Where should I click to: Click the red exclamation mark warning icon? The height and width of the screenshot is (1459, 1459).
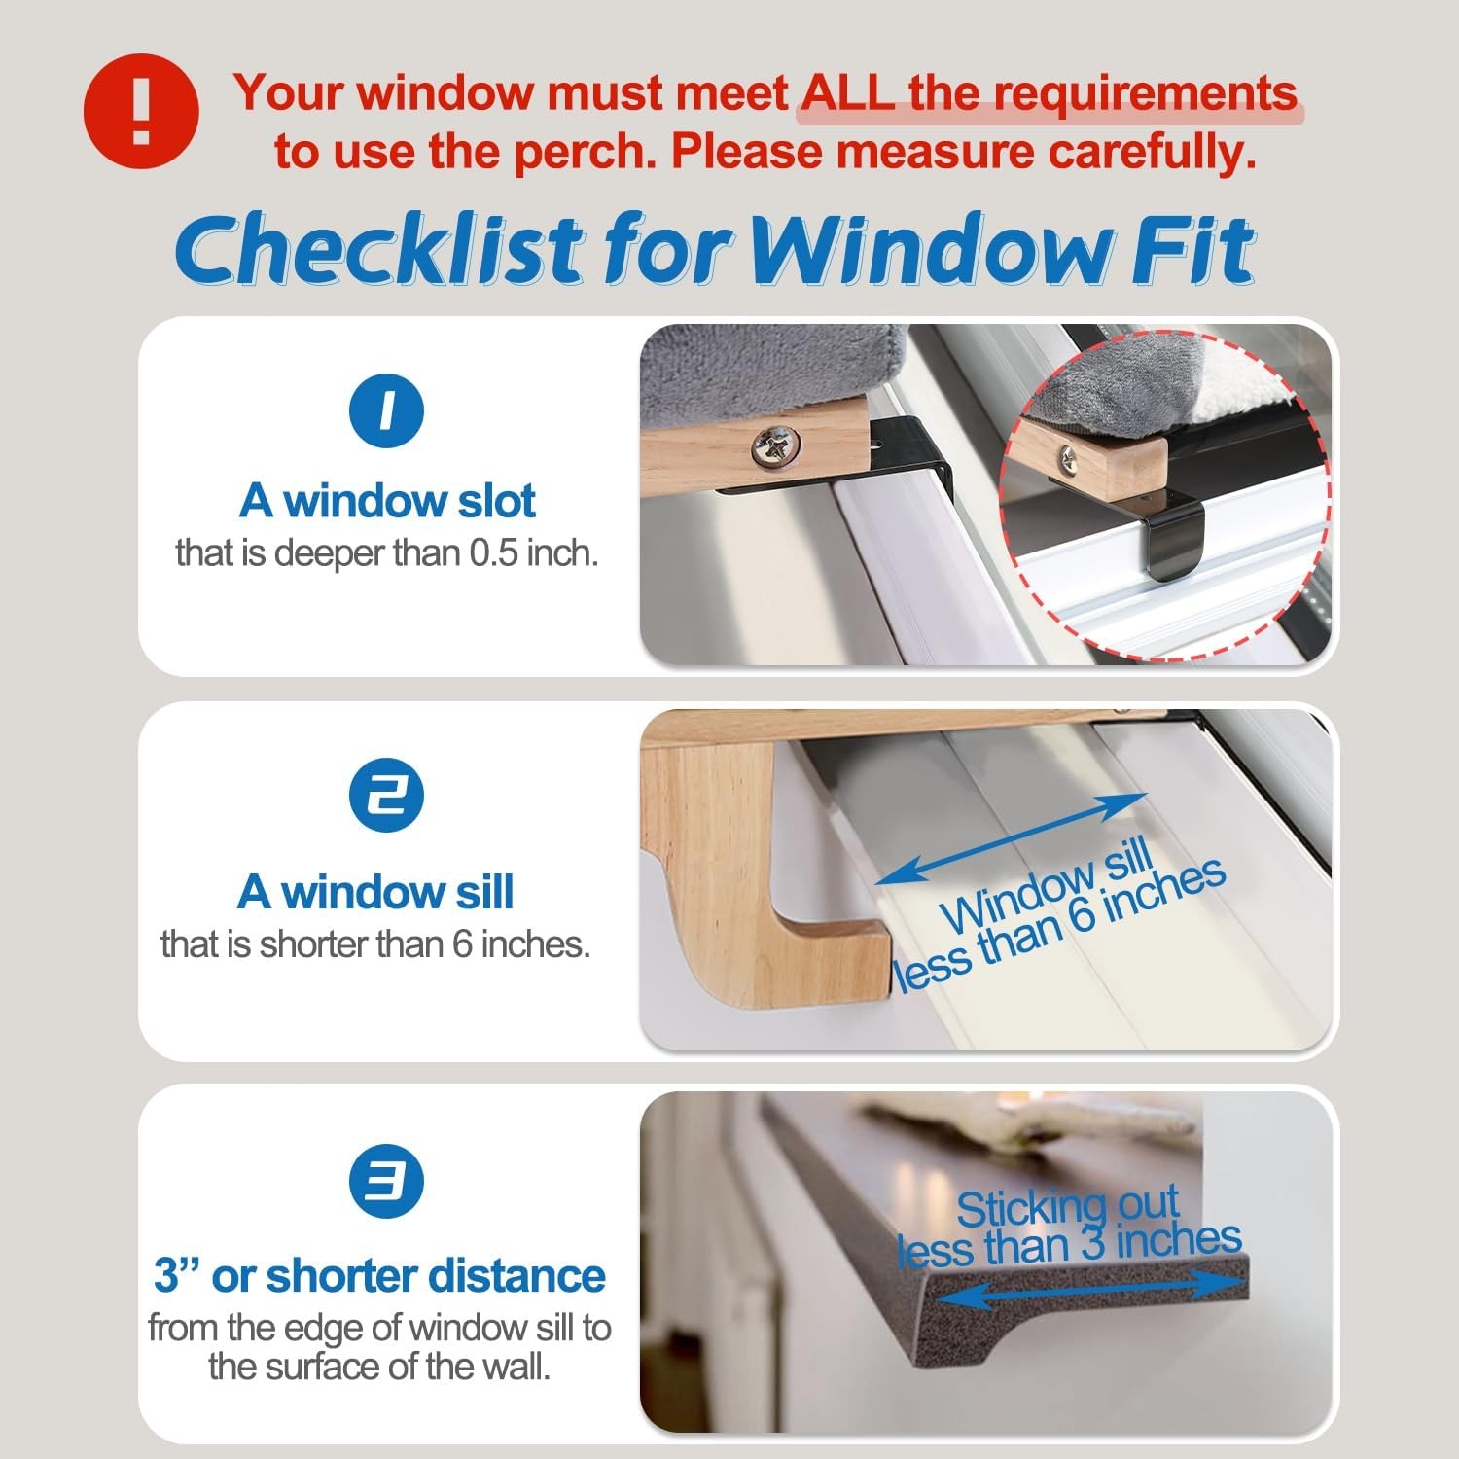click(142, 111)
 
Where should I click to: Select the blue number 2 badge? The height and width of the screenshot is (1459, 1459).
click(387, 795)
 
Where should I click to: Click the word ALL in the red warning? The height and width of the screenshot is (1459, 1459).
click(847, 93)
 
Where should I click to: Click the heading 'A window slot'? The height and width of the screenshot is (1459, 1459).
click(387, 501)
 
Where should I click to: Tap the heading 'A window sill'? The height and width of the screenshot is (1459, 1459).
click(375, 892)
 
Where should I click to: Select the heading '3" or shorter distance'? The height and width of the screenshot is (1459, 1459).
click(379, 1275)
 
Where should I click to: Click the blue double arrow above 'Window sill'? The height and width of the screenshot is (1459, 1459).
click(1012, 837)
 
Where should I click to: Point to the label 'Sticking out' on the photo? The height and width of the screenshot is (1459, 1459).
click(1067, 1207)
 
